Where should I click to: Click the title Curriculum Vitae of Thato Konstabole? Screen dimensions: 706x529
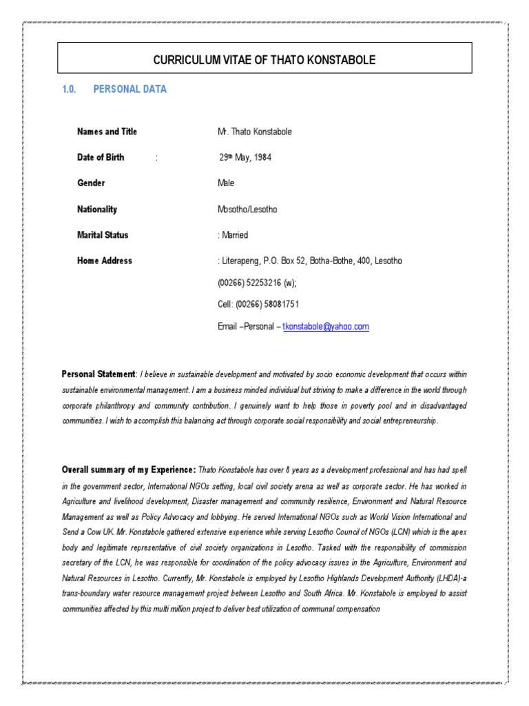[264, 61]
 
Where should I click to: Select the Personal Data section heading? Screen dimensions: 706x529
[129, 90]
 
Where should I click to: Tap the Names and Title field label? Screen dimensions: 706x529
[107, 132]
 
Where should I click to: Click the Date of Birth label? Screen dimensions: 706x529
[101, 157]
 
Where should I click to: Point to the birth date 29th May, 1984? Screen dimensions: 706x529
[245, 157]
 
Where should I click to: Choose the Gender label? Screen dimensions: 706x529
[91, 183]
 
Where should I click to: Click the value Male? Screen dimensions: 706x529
[226, 183]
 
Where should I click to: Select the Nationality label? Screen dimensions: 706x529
[97, 210]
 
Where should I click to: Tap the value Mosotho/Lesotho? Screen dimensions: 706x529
[247, 210]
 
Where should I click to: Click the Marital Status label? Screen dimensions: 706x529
[103, 235]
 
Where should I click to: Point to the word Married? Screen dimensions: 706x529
[235, 235]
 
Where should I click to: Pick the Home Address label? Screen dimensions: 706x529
[105, 261]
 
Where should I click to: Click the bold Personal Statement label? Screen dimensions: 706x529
[98, 374]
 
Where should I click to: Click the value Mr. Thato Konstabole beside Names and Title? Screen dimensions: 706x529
[254, 132]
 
